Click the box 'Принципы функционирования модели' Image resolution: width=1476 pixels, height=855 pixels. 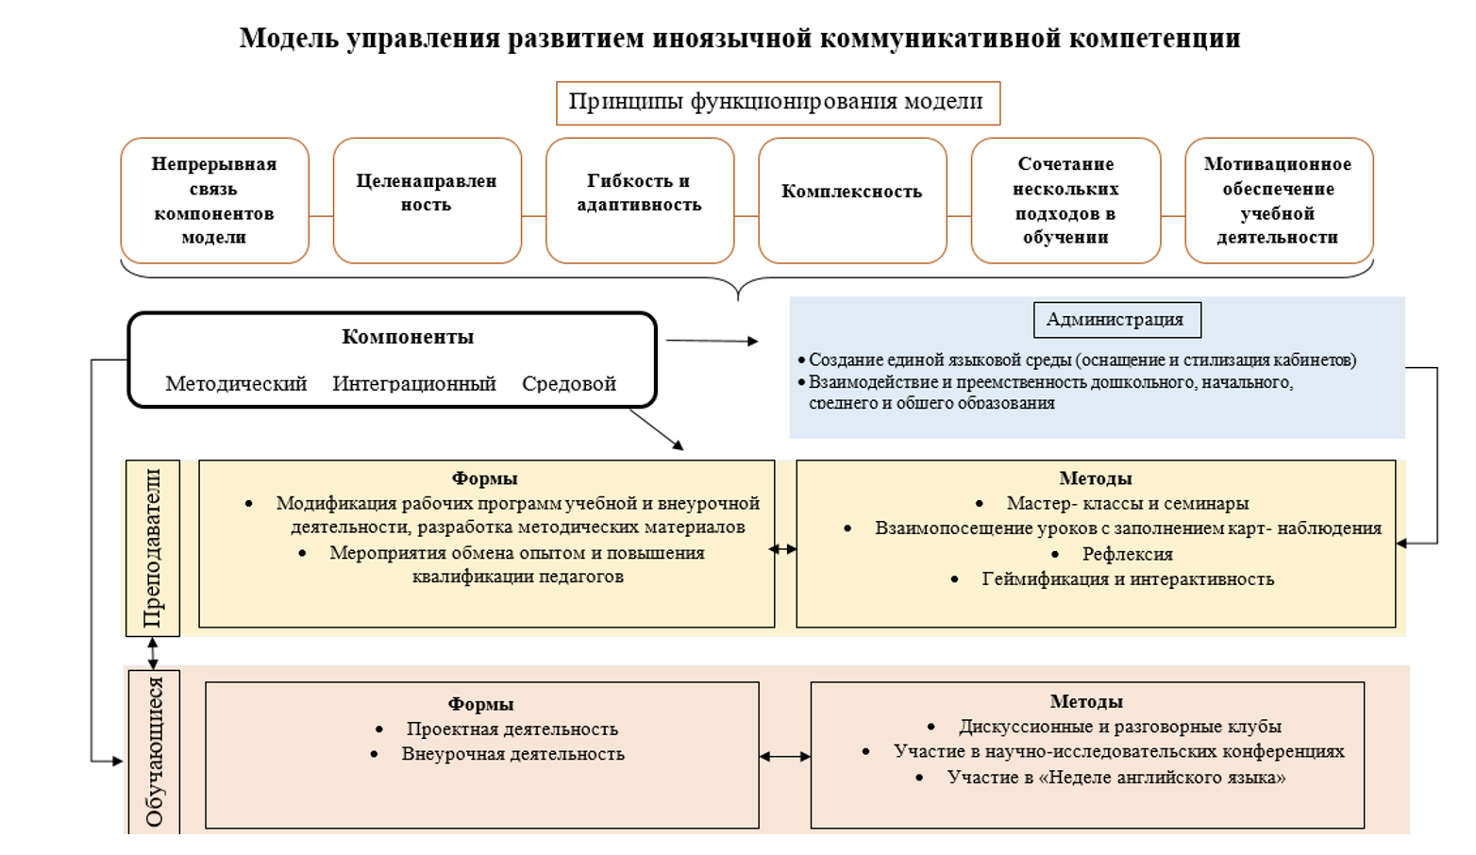point(779,104)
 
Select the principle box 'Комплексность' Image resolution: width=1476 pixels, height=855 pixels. point(852,200)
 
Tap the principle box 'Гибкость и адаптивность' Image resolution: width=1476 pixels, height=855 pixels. point(640,200)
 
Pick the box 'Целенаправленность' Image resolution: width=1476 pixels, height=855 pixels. point(427,200)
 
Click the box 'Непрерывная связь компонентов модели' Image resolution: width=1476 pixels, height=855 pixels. point(215,200)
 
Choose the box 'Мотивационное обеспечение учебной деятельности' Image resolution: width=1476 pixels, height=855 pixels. point(1279,200)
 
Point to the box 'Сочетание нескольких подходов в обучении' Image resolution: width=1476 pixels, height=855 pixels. point(1065,200)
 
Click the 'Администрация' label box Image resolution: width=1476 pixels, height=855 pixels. point(1116,320)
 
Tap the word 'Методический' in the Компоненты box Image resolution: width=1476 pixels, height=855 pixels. point(236,383)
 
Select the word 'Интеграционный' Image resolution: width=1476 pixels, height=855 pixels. point(413,383)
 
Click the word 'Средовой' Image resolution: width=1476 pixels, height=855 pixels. point(569,383)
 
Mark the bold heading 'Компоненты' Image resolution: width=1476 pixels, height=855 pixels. point(408,337)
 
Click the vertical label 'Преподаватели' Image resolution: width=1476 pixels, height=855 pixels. point(152,547)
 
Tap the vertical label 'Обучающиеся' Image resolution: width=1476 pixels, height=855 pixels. point(154,751)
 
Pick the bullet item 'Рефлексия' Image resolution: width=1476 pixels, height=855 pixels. point(1128,554)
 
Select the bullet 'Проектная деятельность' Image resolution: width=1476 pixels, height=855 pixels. point(512,729)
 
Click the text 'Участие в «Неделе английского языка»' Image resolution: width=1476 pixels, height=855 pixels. point(1116,778)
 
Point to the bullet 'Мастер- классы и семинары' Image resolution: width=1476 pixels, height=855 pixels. point(1128,503)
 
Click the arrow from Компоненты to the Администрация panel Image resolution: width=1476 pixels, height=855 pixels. point(713,341)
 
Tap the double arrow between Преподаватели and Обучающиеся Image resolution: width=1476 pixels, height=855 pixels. point(153,653)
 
